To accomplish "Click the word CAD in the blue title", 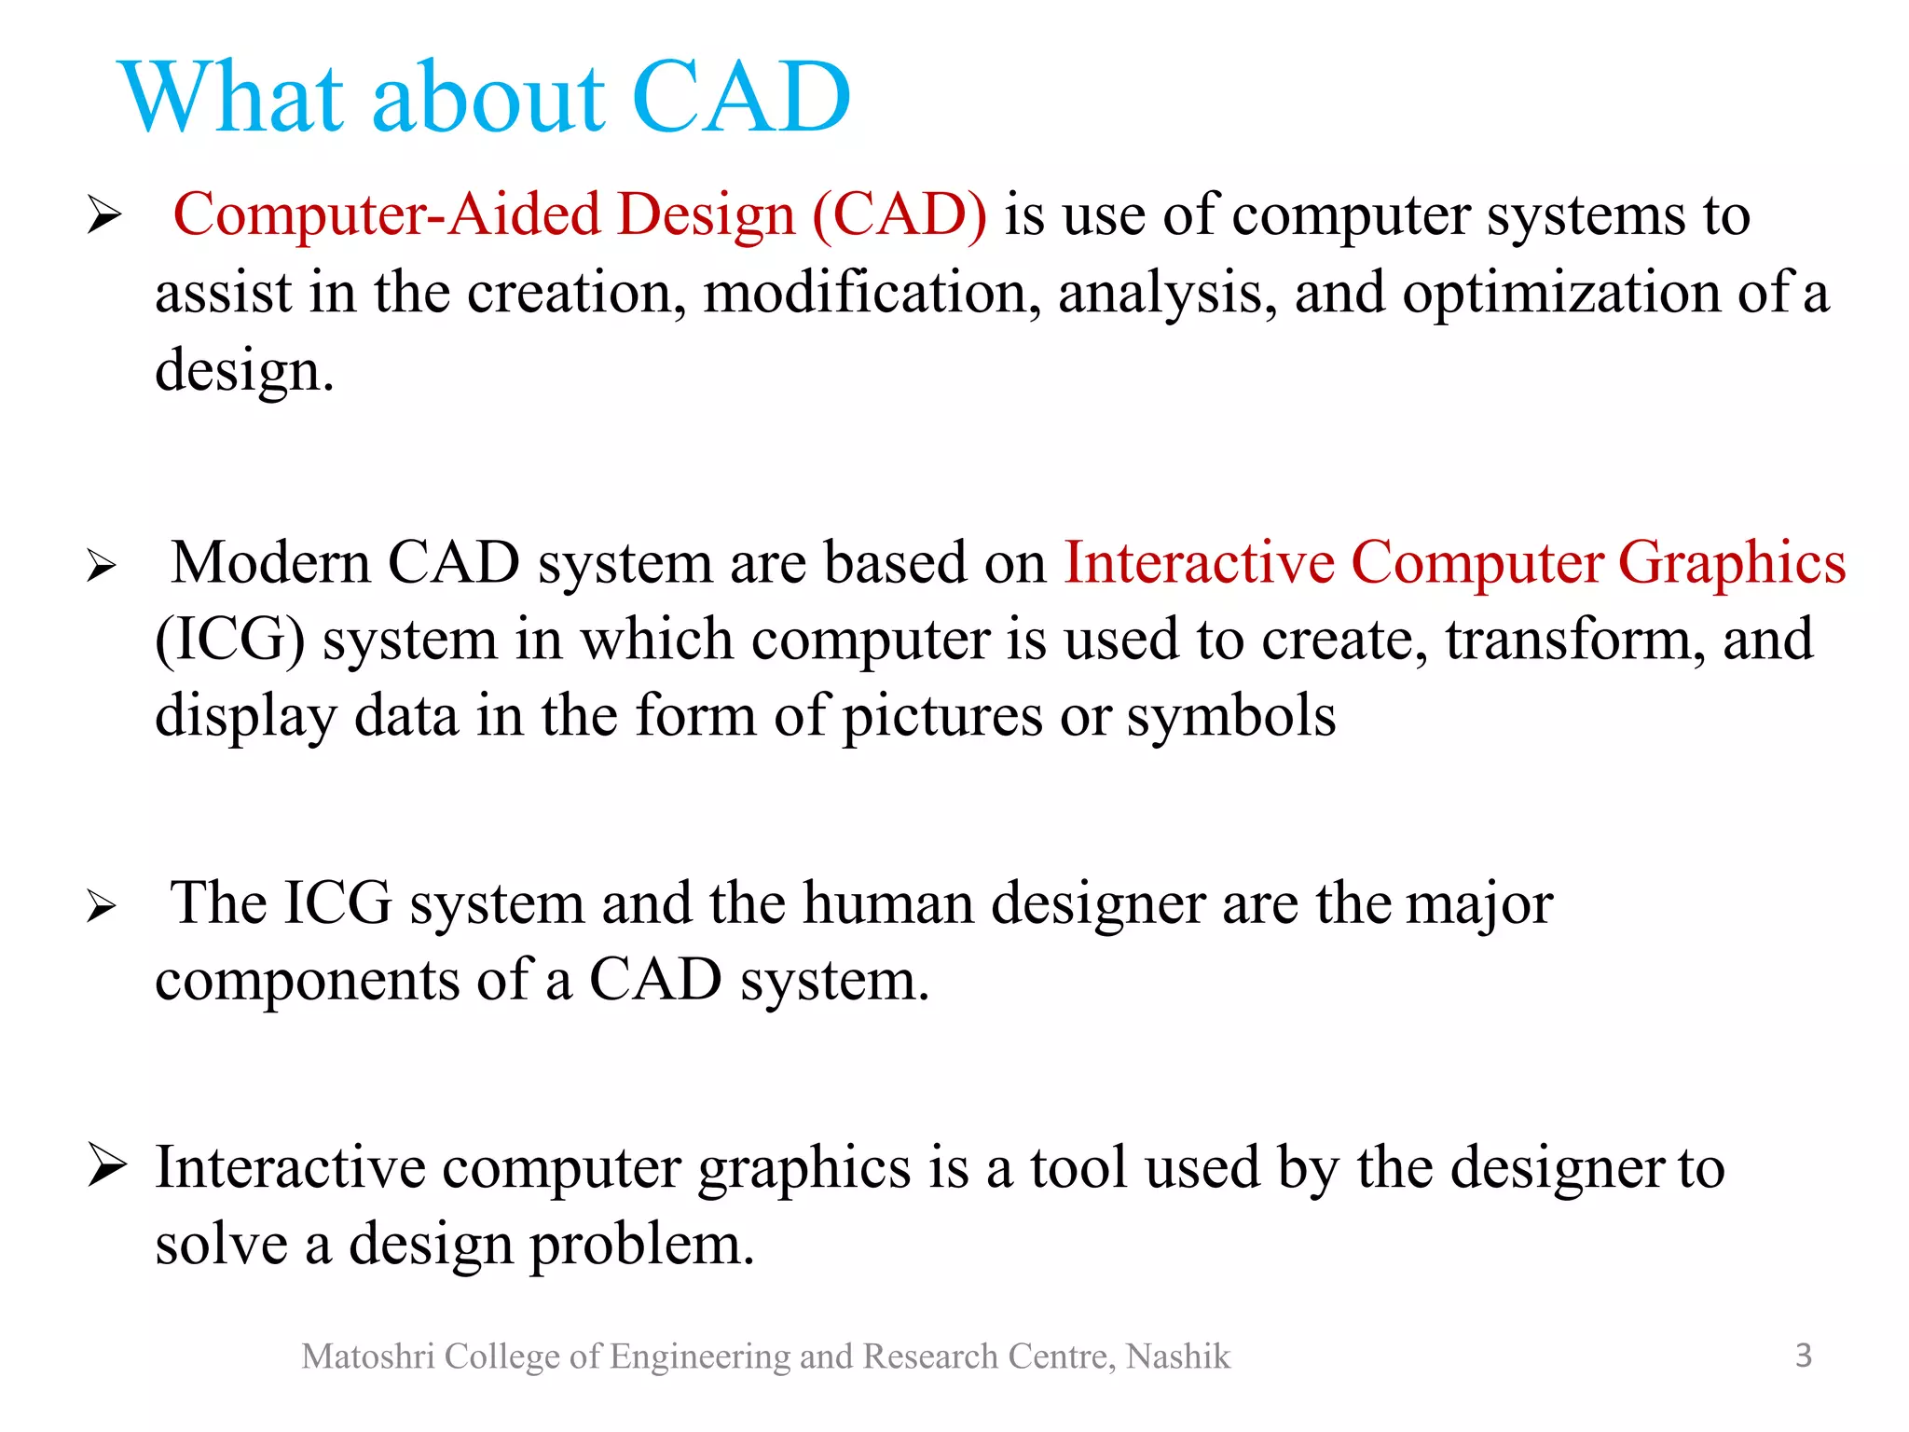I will pos(741,97).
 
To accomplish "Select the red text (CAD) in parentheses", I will pos(900,215).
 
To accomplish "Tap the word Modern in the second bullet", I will pos(271,563).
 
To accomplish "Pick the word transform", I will pos(1575,640).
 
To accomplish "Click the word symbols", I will pos(1230,718).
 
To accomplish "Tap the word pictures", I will pos(942,718).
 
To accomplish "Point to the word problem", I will pos(642,1246).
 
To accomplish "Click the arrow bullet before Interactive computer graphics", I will pos(106,1165).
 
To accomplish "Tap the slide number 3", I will pos(1804,1355).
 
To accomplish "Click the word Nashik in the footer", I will pos(1178,1356).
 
